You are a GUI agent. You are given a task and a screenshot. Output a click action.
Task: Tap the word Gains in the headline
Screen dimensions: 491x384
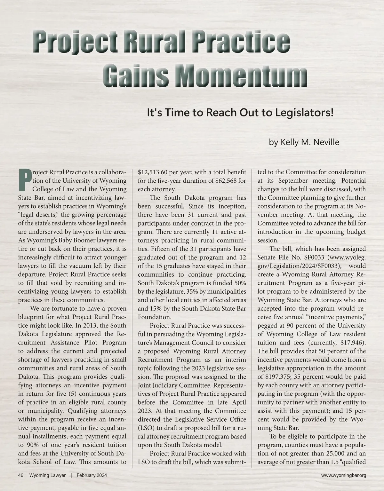pos(138,77)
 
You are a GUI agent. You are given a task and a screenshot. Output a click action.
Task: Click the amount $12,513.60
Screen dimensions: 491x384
pos(152,172)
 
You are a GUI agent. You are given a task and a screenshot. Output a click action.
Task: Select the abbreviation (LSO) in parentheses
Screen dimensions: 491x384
pos(145,428)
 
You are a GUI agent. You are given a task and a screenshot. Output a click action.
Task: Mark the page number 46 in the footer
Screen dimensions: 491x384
pos(21,475)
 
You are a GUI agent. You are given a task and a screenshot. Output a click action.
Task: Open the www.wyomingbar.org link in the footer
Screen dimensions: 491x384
pos(343,475)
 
